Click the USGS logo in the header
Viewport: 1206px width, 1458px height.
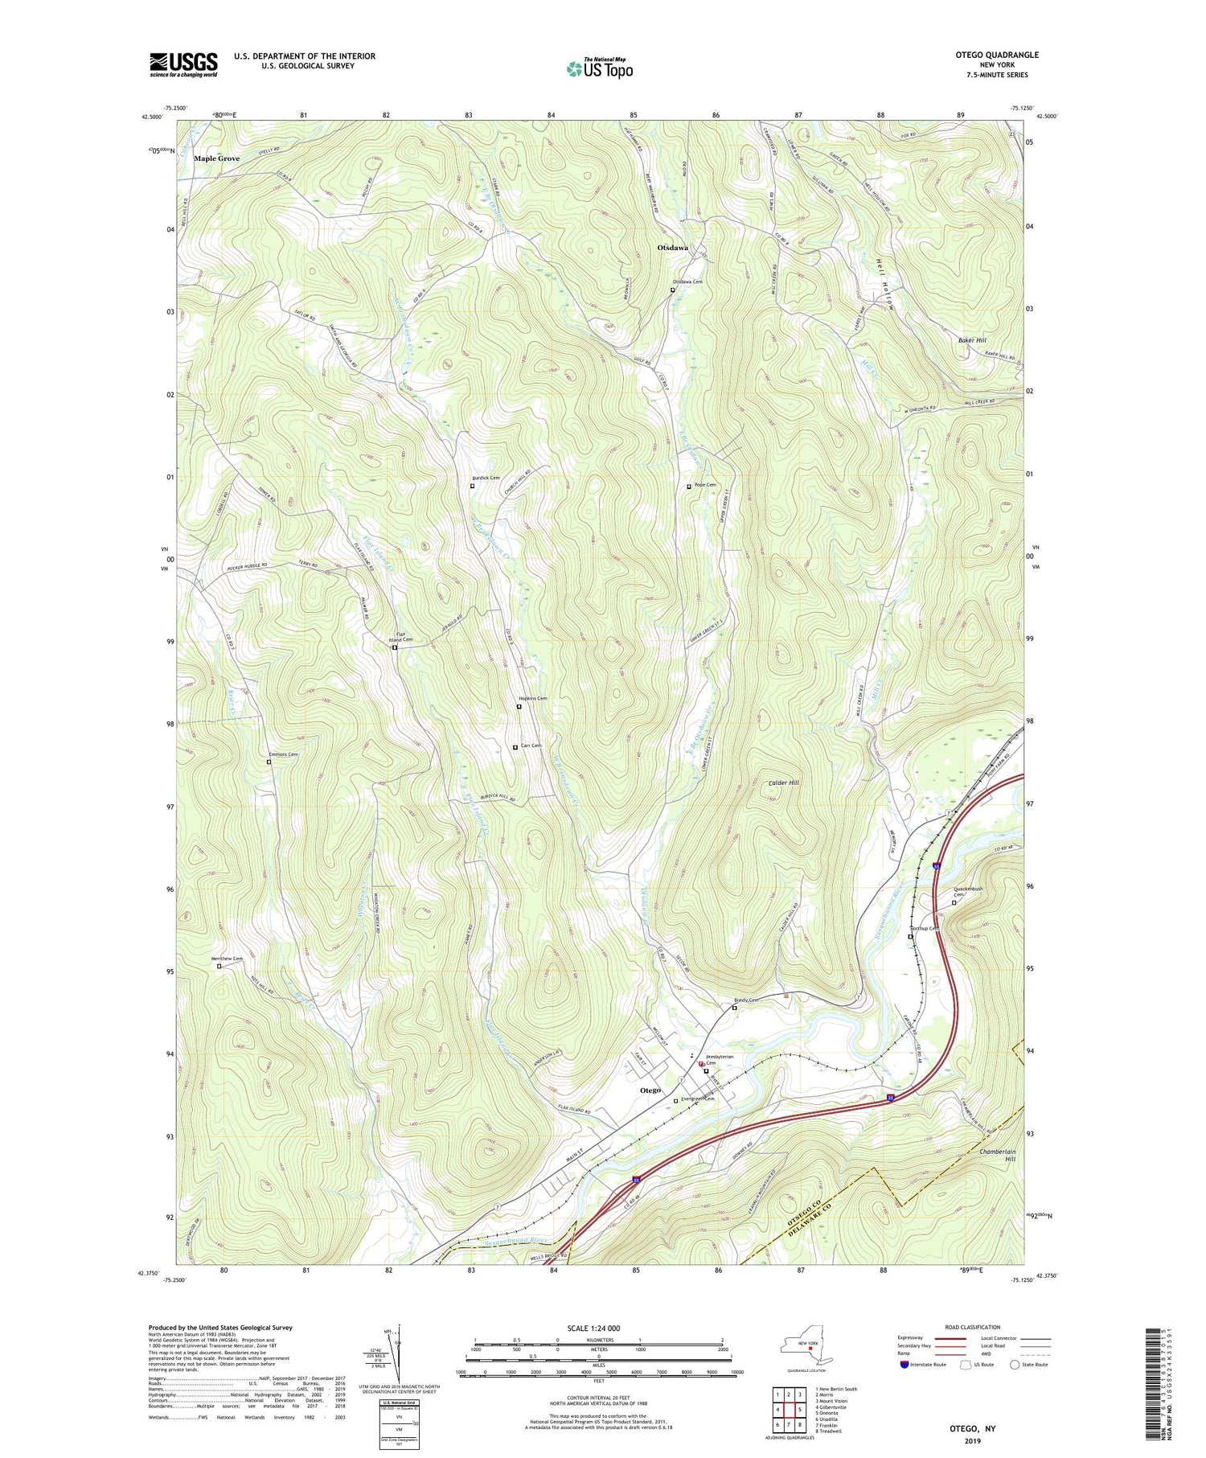(183, 64)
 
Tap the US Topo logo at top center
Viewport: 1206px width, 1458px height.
(600, 68)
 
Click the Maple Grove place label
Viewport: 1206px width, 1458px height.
(216, 158)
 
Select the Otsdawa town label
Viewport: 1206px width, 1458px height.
(673, 248)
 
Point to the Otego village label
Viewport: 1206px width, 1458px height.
(650, 1090)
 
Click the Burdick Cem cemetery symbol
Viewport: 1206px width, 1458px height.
(472, 486)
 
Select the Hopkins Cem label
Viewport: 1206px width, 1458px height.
(533, 698)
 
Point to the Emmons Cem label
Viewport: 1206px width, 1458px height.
(283, 754)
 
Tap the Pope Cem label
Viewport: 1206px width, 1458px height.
(705, 485)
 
